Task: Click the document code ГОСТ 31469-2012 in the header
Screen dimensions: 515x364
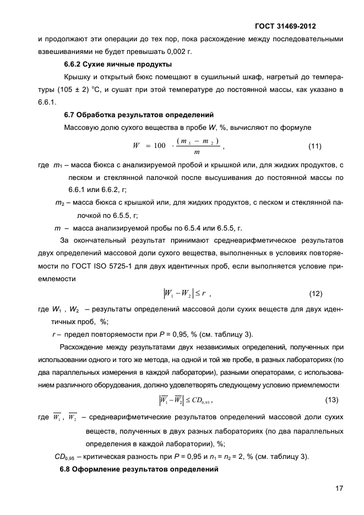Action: coord(285,26)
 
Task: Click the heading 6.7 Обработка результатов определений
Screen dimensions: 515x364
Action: coord(139,115)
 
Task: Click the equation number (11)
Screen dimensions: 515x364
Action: coord(314,146)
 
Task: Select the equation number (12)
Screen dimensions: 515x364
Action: coord(316,293)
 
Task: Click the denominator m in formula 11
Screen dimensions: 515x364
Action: coord(197,152)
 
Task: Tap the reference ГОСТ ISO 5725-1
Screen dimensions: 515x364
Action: coord(131,266)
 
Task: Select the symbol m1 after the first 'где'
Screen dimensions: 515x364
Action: coord(57,166)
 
